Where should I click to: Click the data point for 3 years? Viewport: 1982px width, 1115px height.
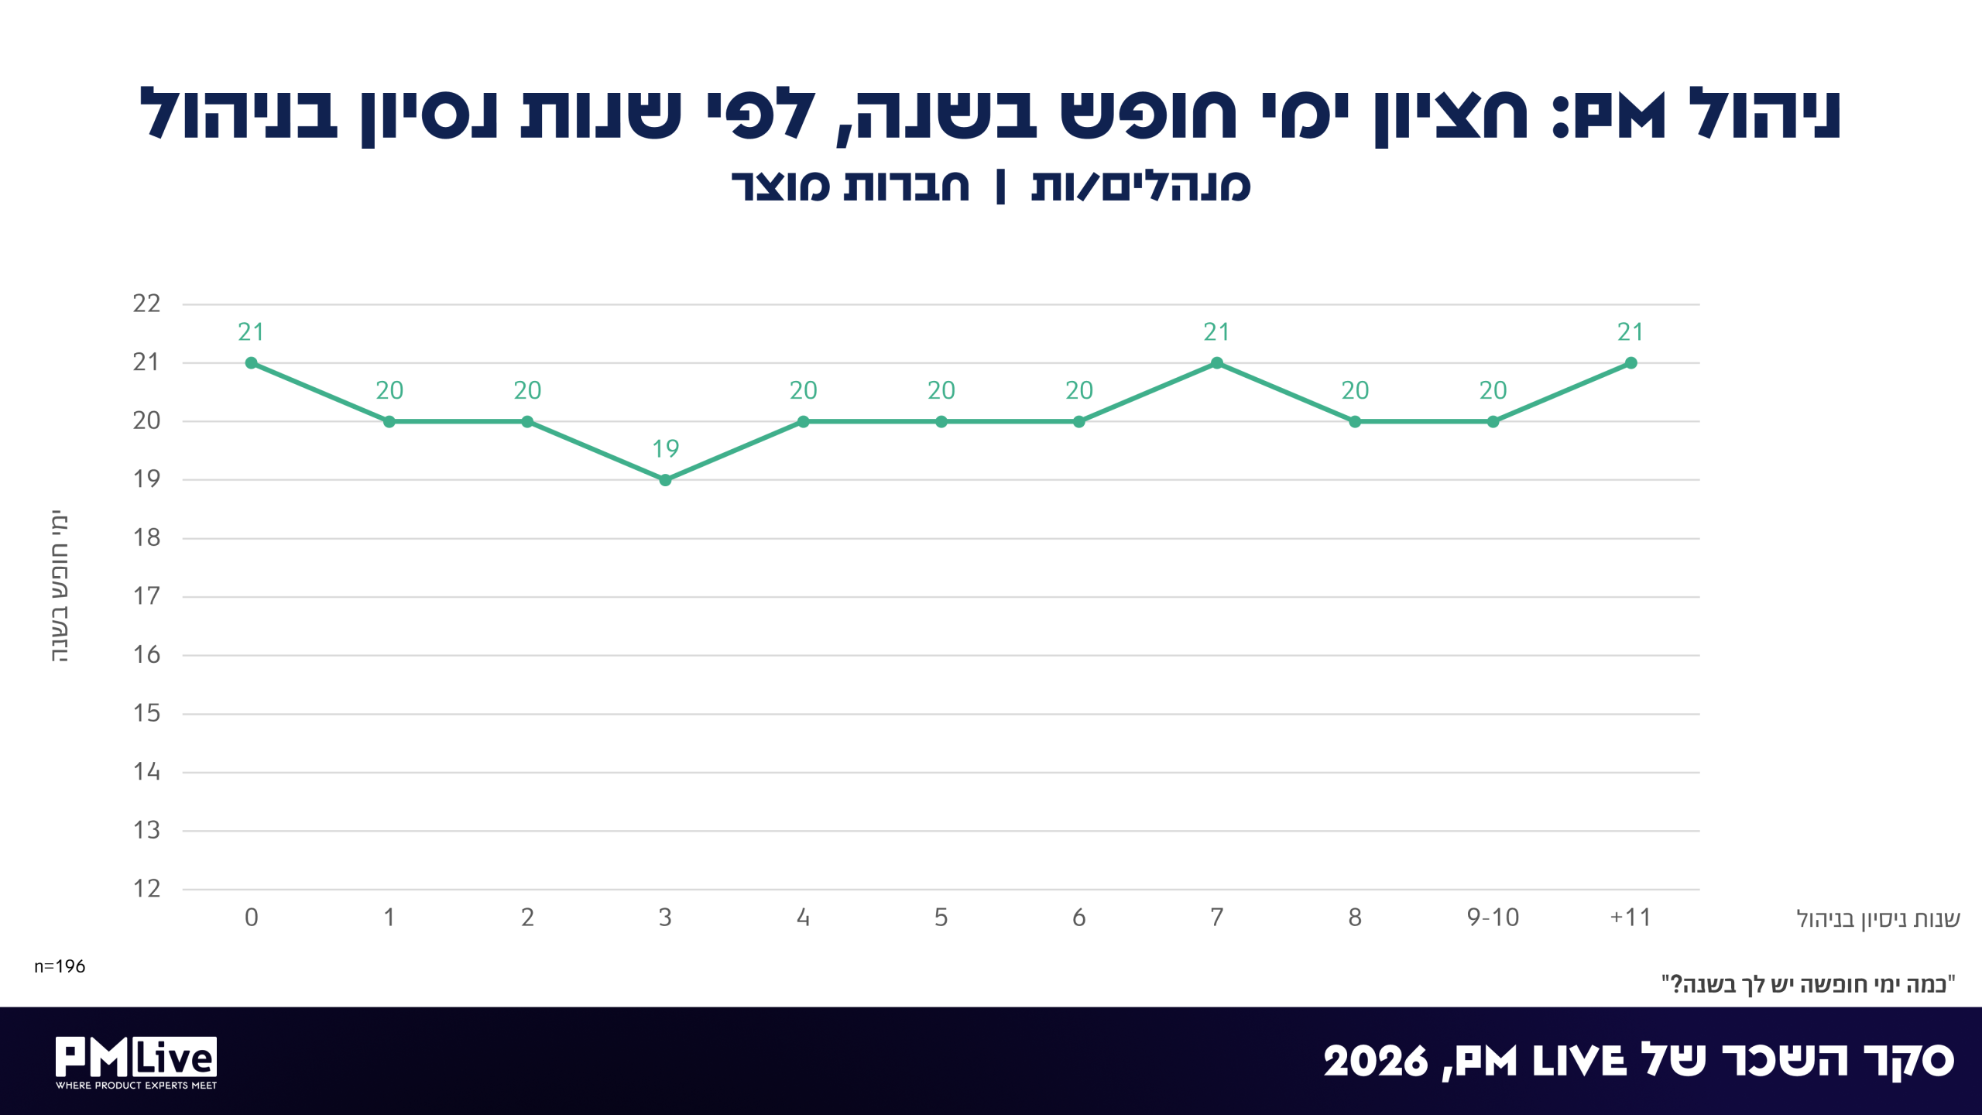coord(665,480)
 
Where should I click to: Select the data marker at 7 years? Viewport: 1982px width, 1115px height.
coord(1217,363)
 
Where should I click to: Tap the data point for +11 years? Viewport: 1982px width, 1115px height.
coord(1631,363)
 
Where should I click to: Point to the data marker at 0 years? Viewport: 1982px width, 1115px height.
coord(252,363)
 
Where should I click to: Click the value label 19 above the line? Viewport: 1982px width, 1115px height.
coord(666,449)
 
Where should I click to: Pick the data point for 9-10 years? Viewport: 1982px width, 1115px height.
coord(1493,422)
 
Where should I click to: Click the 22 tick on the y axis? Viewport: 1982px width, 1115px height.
coord(146,304)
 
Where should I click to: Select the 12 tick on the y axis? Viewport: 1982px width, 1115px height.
coord(146,889)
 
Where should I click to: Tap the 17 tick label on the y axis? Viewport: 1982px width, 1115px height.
coord(146,596)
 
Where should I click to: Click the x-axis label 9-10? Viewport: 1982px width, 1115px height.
coord(1493,918)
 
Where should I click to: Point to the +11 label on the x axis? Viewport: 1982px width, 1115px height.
coord(1631,918)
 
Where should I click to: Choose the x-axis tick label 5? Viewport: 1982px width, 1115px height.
coord(941,918)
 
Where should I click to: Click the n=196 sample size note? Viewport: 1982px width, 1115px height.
coord(60,966)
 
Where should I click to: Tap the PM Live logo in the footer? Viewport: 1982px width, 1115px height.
coord(136,1062)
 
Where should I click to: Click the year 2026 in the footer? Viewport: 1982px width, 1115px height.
coord(1376,1062)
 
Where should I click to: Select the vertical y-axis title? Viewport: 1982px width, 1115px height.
coord(60,586)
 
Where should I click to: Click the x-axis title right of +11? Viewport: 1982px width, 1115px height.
coord(1878,919)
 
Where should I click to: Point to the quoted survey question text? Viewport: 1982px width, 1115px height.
coord(1809,984)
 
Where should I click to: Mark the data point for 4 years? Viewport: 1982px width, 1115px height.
coord(804,422)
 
